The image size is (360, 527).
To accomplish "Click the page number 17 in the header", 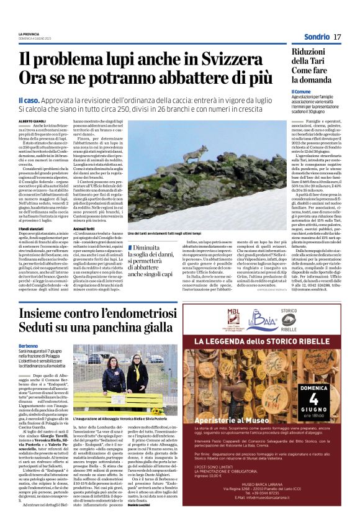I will click(x=338, y=37).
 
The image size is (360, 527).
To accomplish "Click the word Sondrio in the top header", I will click(x=317, y=37).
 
